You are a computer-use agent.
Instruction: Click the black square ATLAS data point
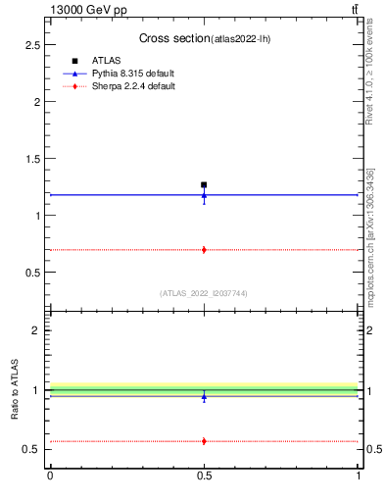coord(204,184)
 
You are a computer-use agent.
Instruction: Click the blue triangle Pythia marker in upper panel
coord(204,195)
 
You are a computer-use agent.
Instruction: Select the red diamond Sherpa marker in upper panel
coord(204,250)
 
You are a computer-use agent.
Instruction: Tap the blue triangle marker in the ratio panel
coord(204,396)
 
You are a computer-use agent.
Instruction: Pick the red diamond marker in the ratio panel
coord(204,441)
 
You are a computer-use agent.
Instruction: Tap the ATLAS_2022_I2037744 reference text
coord(203,293)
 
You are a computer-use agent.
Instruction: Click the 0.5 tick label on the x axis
coord(204,476)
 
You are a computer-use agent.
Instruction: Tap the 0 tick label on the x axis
coord(50,476)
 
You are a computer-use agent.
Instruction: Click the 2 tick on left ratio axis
coord(37,330)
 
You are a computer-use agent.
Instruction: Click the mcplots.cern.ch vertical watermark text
coord(371,226)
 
